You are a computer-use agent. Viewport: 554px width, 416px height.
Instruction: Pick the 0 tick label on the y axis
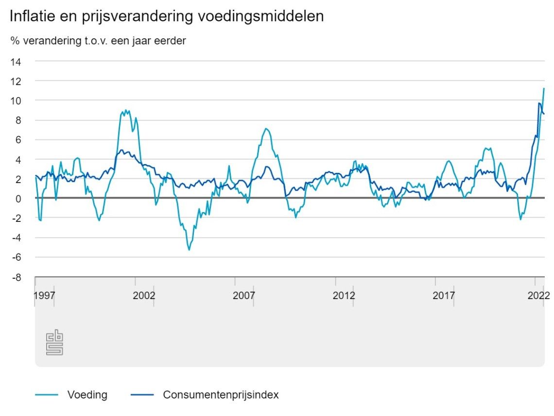[x=18, y=199]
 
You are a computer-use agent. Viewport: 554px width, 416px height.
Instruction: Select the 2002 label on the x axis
[x=144, y=295]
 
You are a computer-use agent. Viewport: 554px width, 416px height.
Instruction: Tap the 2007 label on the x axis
[x=244, y=295]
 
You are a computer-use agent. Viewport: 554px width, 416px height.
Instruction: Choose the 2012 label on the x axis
[x=344, y=295]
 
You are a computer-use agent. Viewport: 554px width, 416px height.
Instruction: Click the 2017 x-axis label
[x=444, y=295]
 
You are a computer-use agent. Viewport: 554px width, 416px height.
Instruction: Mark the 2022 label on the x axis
[x=539, y=295]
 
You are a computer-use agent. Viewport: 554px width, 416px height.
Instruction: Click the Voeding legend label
[x=87, y=395]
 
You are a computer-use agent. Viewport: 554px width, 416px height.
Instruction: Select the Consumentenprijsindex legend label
[x=221, y=395]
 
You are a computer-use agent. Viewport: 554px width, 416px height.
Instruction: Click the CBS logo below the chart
[x=54, y=343]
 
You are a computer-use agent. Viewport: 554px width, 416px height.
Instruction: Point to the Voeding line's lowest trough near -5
[x=189, y=250]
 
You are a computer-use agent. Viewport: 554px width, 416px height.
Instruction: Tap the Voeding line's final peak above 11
[x=544, y=88]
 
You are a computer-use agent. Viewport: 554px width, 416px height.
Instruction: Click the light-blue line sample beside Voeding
[x=47, y=395]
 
